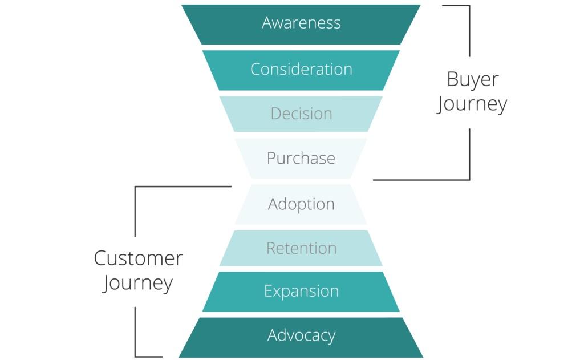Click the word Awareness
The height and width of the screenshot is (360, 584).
point(301,23)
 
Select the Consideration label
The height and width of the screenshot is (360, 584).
point(301,69)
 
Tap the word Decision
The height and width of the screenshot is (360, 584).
point(301,114)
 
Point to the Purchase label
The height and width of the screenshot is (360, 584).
point(301,158)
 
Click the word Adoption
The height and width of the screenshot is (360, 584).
point(301,204)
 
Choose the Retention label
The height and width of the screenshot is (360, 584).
point(301,248)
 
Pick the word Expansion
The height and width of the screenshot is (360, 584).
point(301,291)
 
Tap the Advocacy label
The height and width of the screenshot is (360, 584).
point(301,335)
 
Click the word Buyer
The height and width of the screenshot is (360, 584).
point(472,80)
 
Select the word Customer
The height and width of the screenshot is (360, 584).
point(138,258)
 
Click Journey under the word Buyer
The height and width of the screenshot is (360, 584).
point(472,105)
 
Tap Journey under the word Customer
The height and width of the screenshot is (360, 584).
point(138,284)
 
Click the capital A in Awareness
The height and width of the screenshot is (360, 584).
point(267,23)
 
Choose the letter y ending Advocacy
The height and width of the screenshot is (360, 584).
point(331,337)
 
